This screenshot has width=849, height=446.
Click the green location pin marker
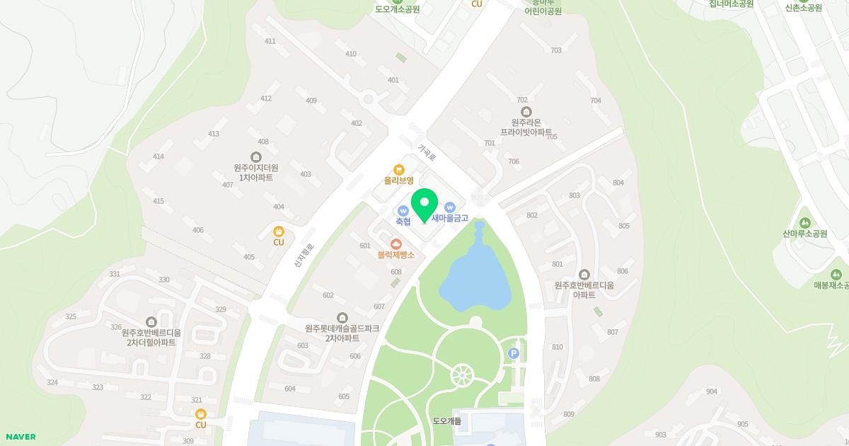click(x=424, y=205)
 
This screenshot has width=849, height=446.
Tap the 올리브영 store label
click(x=399, y=181)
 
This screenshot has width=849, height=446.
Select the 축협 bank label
click(x=403, y=222)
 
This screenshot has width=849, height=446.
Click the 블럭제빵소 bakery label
click(x=395, y=254)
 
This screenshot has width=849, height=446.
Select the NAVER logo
click(x=19, y=437)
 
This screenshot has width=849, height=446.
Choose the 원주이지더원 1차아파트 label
click(x=255, y=172)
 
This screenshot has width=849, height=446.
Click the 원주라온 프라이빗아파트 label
click(x=526, y=127)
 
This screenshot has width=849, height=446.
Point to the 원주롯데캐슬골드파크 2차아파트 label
click(x=342, y=333)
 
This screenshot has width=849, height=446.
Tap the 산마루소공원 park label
click(x=804, y=234)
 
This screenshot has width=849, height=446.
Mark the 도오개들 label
click(x=446, y=421)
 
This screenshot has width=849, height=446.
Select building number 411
click(x=270, y=41)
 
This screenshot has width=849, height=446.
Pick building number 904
click(x=711, y=391)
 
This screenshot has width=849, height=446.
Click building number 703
click(x=555, y=50)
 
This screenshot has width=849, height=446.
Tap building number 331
click(x=115, y=274)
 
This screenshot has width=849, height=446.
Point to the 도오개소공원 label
click(x=397, y=9)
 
